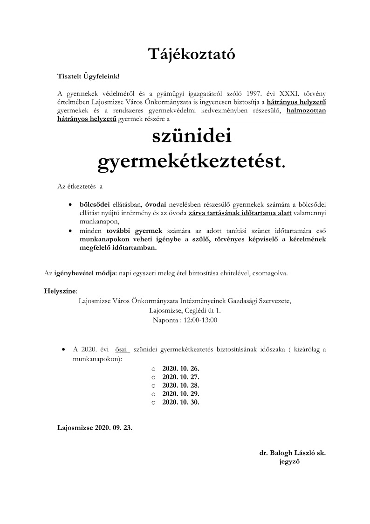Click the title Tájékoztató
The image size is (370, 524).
185,54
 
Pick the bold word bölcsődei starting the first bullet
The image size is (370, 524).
95,204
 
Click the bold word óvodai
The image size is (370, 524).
156,204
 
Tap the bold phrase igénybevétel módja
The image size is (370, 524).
85,272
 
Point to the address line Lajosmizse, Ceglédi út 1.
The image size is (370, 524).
185,310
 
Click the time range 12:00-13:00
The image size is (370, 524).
202,320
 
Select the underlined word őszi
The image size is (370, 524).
122,349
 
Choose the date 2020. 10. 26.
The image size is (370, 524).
180,369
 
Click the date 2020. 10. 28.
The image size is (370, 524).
180,385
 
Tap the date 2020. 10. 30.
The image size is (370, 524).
180,402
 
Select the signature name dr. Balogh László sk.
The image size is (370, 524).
292,453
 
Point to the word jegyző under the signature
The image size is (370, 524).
288,462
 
